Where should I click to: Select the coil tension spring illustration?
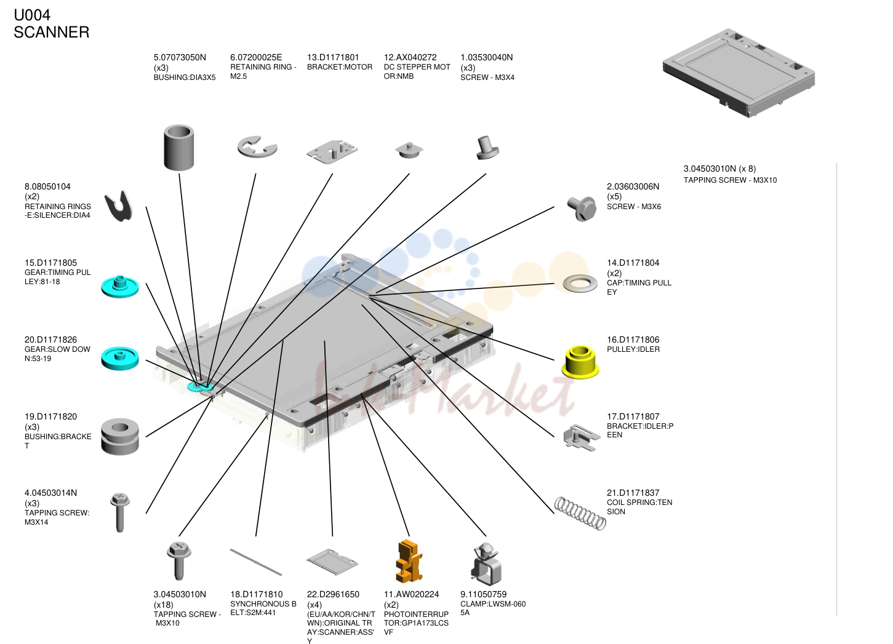coord(580,513)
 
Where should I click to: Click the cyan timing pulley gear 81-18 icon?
coord(119,286)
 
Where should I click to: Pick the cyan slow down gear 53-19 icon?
coord(119,358)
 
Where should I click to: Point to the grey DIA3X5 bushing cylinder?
coord(178,147)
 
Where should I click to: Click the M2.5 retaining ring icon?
coord(257,147)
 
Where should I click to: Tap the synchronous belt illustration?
coord(256,562)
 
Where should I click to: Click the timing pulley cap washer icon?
coord(580,284)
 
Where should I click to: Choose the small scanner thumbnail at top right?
coord(739,73)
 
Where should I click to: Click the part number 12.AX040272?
coord(410,57)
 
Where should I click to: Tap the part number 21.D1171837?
coord(633,493)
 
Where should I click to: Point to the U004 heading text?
coord(32,15)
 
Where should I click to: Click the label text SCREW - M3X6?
coord(634,207)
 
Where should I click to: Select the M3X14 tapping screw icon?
coord(119,512)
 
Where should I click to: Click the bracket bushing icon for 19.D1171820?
coord(119,436)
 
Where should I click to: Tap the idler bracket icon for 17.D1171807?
coord(581,437)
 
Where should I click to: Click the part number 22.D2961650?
coord(334,594)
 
